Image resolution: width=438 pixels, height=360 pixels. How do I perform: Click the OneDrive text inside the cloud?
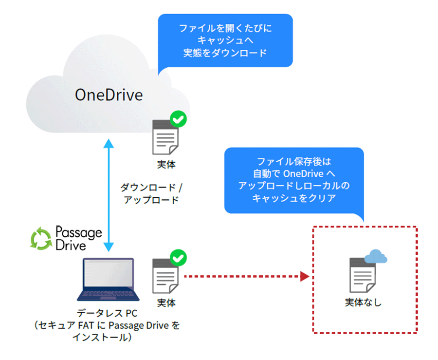109,95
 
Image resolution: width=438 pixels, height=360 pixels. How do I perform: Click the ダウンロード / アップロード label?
151,193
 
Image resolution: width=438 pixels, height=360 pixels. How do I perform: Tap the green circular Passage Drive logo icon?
40,238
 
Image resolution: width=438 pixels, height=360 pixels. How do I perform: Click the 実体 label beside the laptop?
166,303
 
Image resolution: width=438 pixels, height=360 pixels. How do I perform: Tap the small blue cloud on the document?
376,256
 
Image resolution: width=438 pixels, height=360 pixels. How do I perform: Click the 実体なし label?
364,303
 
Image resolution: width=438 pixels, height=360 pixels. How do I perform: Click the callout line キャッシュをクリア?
294,198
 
